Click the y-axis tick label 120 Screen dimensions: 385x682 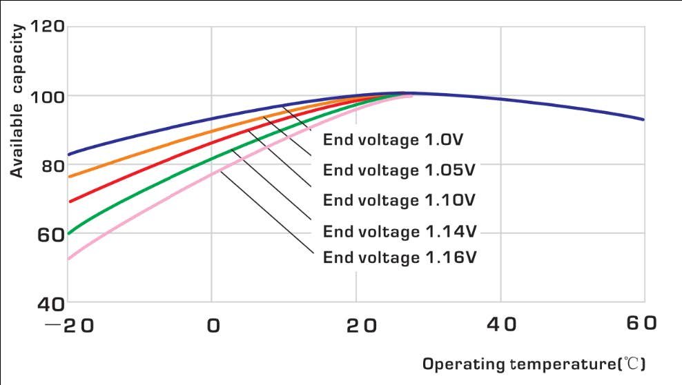coord(47,28)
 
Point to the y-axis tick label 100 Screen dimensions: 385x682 coord(47,96)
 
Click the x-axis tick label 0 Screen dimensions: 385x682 coord(213,325)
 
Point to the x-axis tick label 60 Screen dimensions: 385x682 coord(643,325)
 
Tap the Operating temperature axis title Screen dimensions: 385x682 coord(534,363)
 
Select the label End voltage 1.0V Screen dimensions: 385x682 coord(393,140)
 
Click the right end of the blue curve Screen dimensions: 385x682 coord(643,119)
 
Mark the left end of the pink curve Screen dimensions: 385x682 coord(68,259)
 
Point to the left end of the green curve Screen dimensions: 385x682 coord(68,233)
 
